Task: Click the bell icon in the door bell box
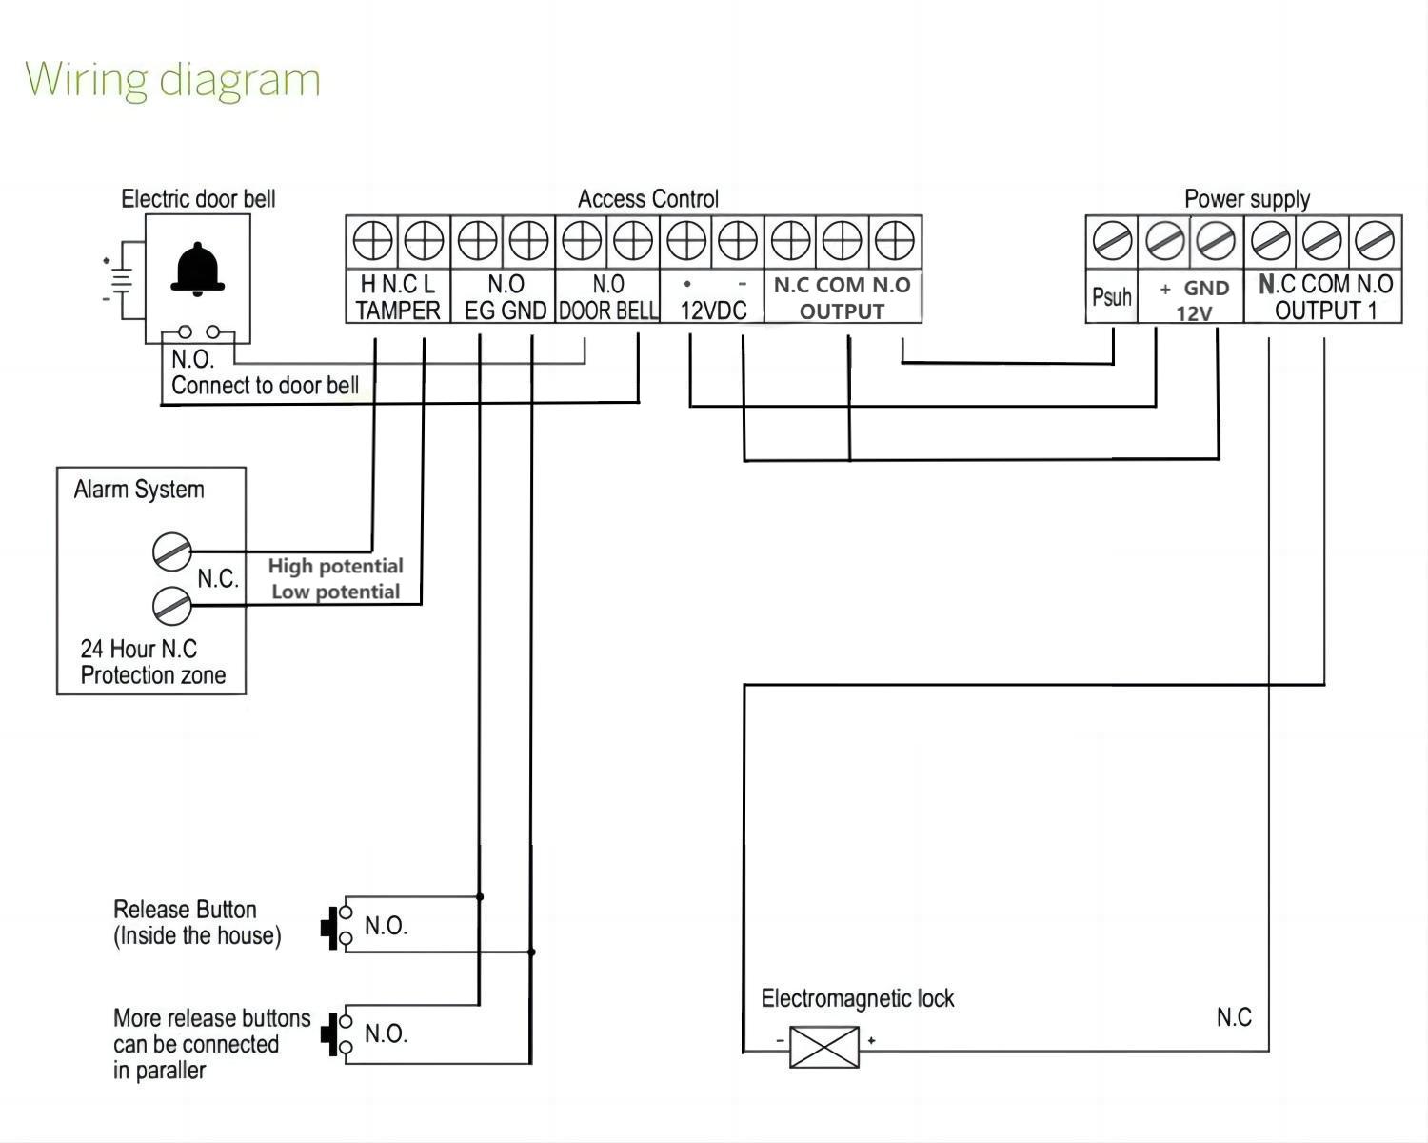(x=197, y=270)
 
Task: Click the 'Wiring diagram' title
(x=172, y=79)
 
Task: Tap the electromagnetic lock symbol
(x=824, y=1047)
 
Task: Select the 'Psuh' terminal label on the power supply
(x=1111, y=297)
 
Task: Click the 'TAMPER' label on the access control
(x=398, y=311)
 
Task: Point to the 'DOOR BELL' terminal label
(x=607, y=311)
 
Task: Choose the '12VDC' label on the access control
(x=713, y=311)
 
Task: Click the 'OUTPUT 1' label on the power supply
(x=1325, y=311)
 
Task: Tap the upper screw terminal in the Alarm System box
(x=172, y=551)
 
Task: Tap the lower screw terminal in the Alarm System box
(x=172, y=604)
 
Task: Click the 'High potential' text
(x=335, y=566)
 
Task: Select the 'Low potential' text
(x=335, y=592)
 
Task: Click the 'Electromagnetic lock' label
(x=857, y=998)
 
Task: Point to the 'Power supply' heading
(x=1246, y=199)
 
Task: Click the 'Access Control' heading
(x=647, y=199)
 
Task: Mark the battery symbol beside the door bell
(x=119, y=279)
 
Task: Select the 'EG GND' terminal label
(x=505, y=311)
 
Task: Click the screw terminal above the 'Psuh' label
(x=1112, y=240)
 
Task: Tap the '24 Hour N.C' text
(x=138, y=649)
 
